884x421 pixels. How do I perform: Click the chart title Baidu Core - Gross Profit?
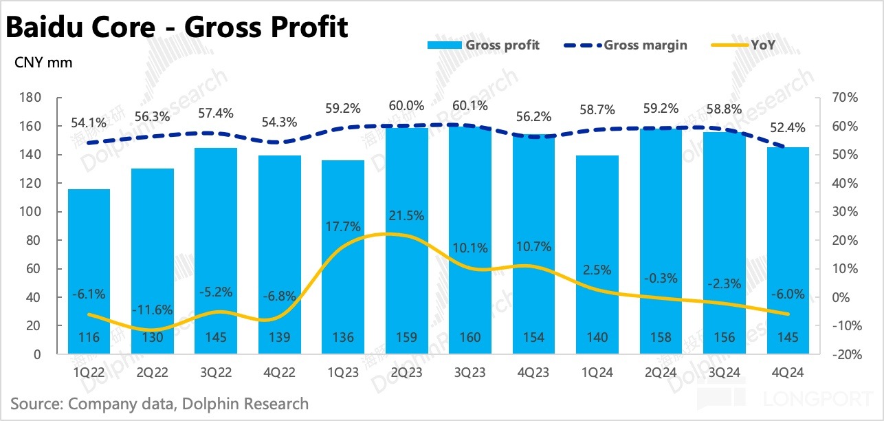point(177,28)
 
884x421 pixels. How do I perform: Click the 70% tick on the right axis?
point(843,98)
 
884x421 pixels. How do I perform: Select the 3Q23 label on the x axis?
point(470,373)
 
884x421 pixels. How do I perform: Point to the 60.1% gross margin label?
point(470,106)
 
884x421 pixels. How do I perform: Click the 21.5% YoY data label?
point(406,215)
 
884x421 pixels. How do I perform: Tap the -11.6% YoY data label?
point(153,309)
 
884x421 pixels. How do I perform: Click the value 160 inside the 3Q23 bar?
point(470,338)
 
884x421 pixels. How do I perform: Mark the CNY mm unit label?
point(43,63)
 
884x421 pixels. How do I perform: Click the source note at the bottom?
point(159,403)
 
